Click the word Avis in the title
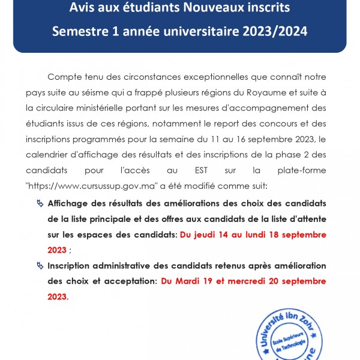[83, 8]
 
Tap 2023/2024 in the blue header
[276, 31]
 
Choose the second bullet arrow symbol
[40, 265]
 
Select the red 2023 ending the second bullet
[57, 296]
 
